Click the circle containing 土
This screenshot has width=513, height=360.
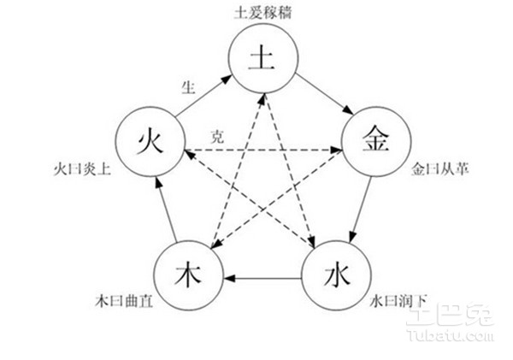[261, 58]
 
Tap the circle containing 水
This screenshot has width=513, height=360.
[333, 277]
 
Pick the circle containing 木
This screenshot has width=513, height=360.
[189, 277]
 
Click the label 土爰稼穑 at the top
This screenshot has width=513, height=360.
[261, 12]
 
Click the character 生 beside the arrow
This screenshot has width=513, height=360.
[190, 87]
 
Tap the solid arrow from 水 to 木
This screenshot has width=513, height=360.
[261, 278]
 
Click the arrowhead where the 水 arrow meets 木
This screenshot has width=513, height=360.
[230, 278]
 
